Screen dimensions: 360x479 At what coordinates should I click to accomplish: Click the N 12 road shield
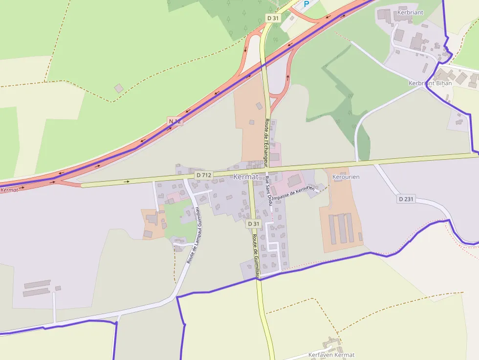point(175,121)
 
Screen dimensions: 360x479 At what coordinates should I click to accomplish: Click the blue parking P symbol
point(306,4)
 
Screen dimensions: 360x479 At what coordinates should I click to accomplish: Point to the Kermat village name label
point(245,176)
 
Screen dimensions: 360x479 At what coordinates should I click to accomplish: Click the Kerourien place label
point(346,176)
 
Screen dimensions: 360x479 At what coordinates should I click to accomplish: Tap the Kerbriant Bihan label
point(430,83)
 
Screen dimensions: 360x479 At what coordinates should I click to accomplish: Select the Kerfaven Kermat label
point(331,355)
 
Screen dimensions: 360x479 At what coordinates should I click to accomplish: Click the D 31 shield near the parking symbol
point(273,18)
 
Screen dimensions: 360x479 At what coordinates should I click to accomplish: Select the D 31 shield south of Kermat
point(253,224)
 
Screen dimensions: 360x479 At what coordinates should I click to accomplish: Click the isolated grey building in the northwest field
point(119,88)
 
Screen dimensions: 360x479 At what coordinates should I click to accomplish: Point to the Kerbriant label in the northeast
point(411,12)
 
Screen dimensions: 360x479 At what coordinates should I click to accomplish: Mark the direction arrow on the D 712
point(127,181)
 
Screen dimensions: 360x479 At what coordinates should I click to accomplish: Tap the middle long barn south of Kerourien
point(342,228)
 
